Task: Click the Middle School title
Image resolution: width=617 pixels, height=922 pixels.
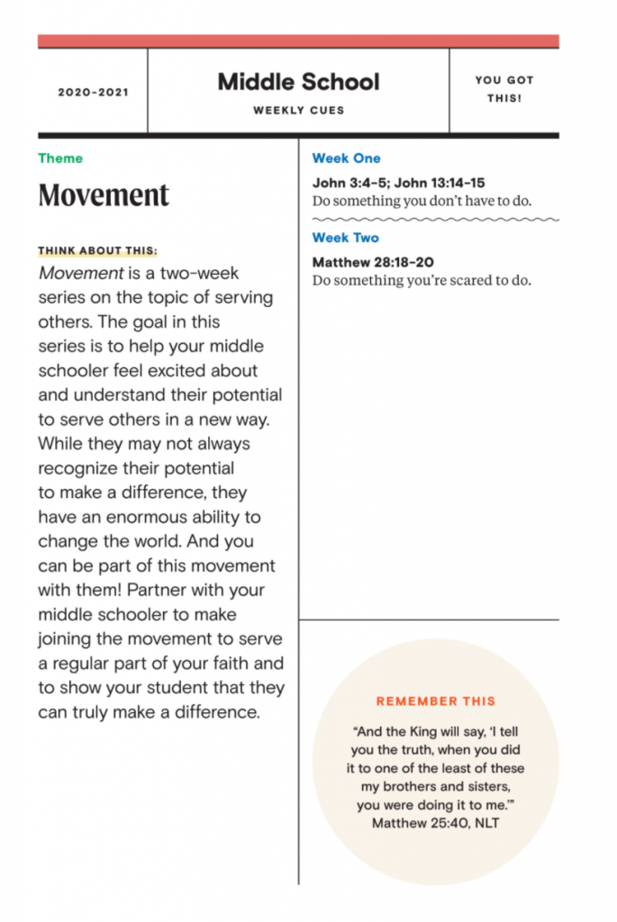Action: coord(298,82)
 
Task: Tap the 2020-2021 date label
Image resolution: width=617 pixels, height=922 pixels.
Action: coord(93,92)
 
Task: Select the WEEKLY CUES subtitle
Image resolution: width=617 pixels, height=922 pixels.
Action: coord(298,111)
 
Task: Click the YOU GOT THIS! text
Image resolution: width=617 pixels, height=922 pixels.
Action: coord(504,89)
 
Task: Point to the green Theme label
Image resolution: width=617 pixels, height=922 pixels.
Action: coord(60,158)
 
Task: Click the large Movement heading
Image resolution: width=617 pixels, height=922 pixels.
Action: coord(104,194)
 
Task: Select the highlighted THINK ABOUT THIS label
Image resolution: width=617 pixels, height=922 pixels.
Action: coord(97,251)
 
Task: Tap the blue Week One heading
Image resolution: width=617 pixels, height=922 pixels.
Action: coord(346,158)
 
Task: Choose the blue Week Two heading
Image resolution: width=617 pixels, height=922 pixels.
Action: coord(345,238)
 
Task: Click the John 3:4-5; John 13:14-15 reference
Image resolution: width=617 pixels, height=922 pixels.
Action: coord(398,183)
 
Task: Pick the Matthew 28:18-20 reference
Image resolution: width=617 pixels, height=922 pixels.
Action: coord(372,262)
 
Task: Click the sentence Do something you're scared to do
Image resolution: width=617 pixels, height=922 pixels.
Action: coord(422,280)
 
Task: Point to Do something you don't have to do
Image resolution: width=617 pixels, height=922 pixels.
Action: coord(422,201)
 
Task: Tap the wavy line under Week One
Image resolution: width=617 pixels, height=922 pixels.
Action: coord(435,219)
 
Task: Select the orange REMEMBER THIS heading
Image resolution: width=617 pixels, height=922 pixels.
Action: coord(436,701)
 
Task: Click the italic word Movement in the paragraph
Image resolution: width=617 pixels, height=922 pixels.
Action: coord(80,273)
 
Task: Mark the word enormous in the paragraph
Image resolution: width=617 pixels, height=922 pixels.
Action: coord(144,517)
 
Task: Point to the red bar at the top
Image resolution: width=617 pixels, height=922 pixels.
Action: coord(298,41)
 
